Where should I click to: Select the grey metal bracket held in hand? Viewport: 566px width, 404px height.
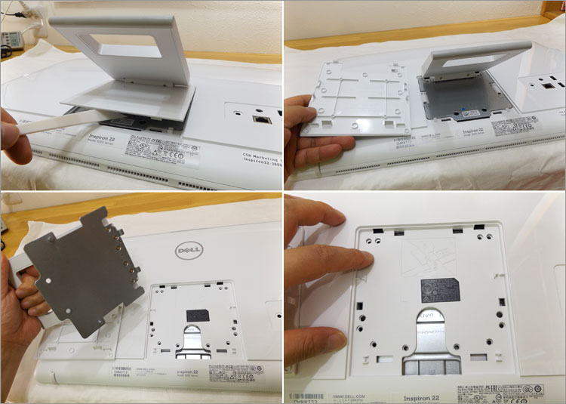pyautogui.click(x=83, y=264)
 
